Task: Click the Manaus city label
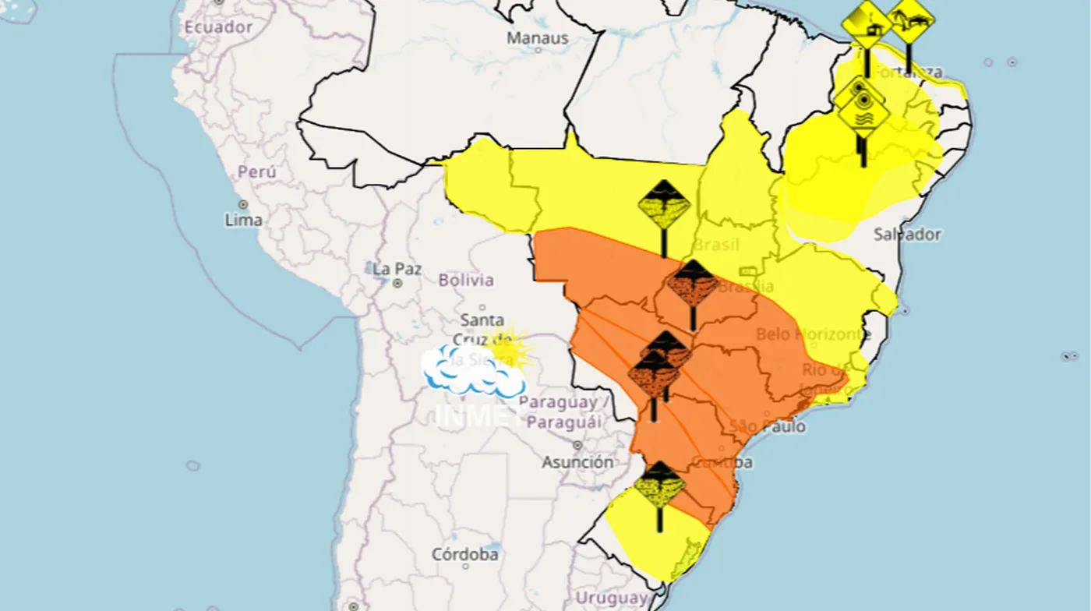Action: point(538,37)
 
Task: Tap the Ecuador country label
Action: point(218,27)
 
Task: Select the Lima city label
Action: point(243,221)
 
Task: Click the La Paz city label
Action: point(397,269)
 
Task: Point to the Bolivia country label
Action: point(466,280)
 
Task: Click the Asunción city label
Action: point(577,462)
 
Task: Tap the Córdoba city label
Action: point(465,555)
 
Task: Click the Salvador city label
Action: point(906,234)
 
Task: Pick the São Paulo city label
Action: point(768,427)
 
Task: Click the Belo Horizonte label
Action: point(813,334)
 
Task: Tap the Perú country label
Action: point(256,171)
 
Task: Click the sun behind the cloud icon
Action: point(510,347)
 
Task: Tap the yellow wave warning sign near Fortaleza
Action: point(863,118)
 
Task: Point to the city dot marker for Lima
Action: point(243,204)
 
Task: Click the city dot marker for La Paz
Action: point(397,284)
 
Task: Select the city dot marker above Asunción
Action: point(577,446)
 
